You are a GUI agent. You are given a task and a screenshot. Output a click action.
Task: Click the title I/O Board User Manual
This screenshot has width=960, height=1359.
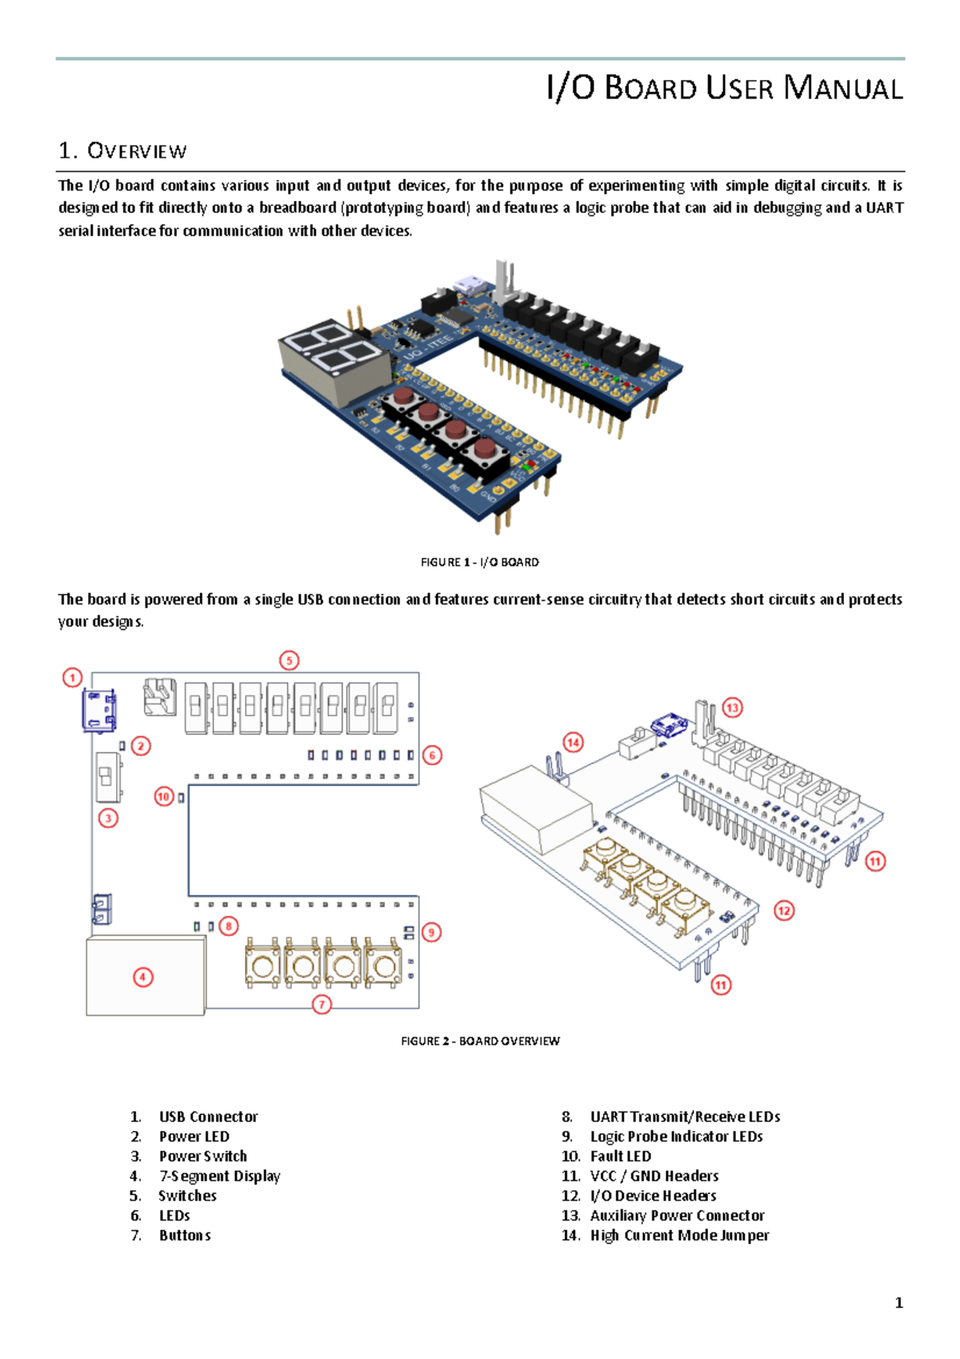(724, 87)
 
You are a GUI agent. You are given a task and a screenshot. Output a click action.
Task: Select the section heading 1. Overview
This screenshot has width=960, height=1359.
(122, 150)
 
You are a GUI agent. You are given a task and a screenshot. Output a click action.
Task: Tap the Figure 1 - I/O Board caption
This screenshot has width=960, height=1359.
(479, 562)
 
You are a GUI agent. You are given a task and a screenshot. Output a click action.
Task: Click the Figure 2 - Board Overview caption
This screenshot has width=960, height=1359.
(480, 1040)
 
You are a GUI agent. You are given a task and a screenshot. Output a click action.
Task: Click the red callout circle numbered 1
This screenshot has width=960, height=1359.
(73, 678)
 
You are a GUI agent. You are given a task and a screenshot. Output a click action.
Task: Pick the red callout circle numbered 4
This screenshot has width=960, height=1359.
(143, 977)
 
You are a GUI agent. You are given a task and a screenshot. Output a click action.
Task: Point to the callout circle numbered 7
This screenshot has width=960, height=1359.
(322, 1004)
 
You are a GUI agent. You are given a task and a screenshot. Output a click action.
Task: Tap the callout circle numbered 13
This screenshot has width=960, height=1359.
(732, 708)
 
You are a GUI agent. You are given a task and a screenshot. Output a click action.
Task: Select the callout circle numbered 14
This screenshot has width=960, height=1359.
(573, 742)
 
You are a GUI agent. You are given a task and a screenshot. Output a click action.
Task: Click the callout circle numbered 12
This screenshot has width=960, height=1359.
(784, 911)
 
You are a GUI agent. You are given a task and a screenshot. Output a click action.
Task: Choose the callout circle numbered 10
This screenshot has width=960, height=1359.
(164, 796)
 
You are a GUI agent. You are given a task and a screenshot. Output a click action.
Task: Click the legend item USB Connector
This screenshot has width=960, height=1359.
(208, 1116)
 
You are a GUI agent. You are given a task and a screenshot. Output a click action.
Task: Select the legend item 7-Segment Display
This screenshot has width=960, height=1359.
(219, 1176)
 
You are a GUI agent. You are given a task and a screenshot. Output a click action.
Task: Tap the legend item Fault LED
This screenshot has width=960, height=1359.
(620, 1156)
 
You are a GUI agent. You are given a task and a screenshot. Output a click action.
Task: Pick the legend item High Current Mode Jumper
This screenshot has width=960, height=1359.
(679, 1235)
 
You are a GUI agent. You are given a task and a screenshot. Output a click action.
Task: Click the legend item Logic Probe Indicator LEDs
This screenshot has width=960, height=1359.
(676, 1137)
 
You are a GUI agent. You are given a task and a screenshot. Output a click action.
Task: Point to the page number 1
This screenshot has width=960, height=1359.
(898, 1303)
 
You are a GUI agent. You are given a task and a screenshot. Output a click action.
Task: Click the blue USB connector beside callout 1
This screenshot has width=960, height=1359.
(100, 710)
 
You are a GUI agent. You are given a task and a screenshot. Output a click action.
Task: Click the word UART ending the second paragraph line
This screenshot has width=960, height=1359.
(885, 208)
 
